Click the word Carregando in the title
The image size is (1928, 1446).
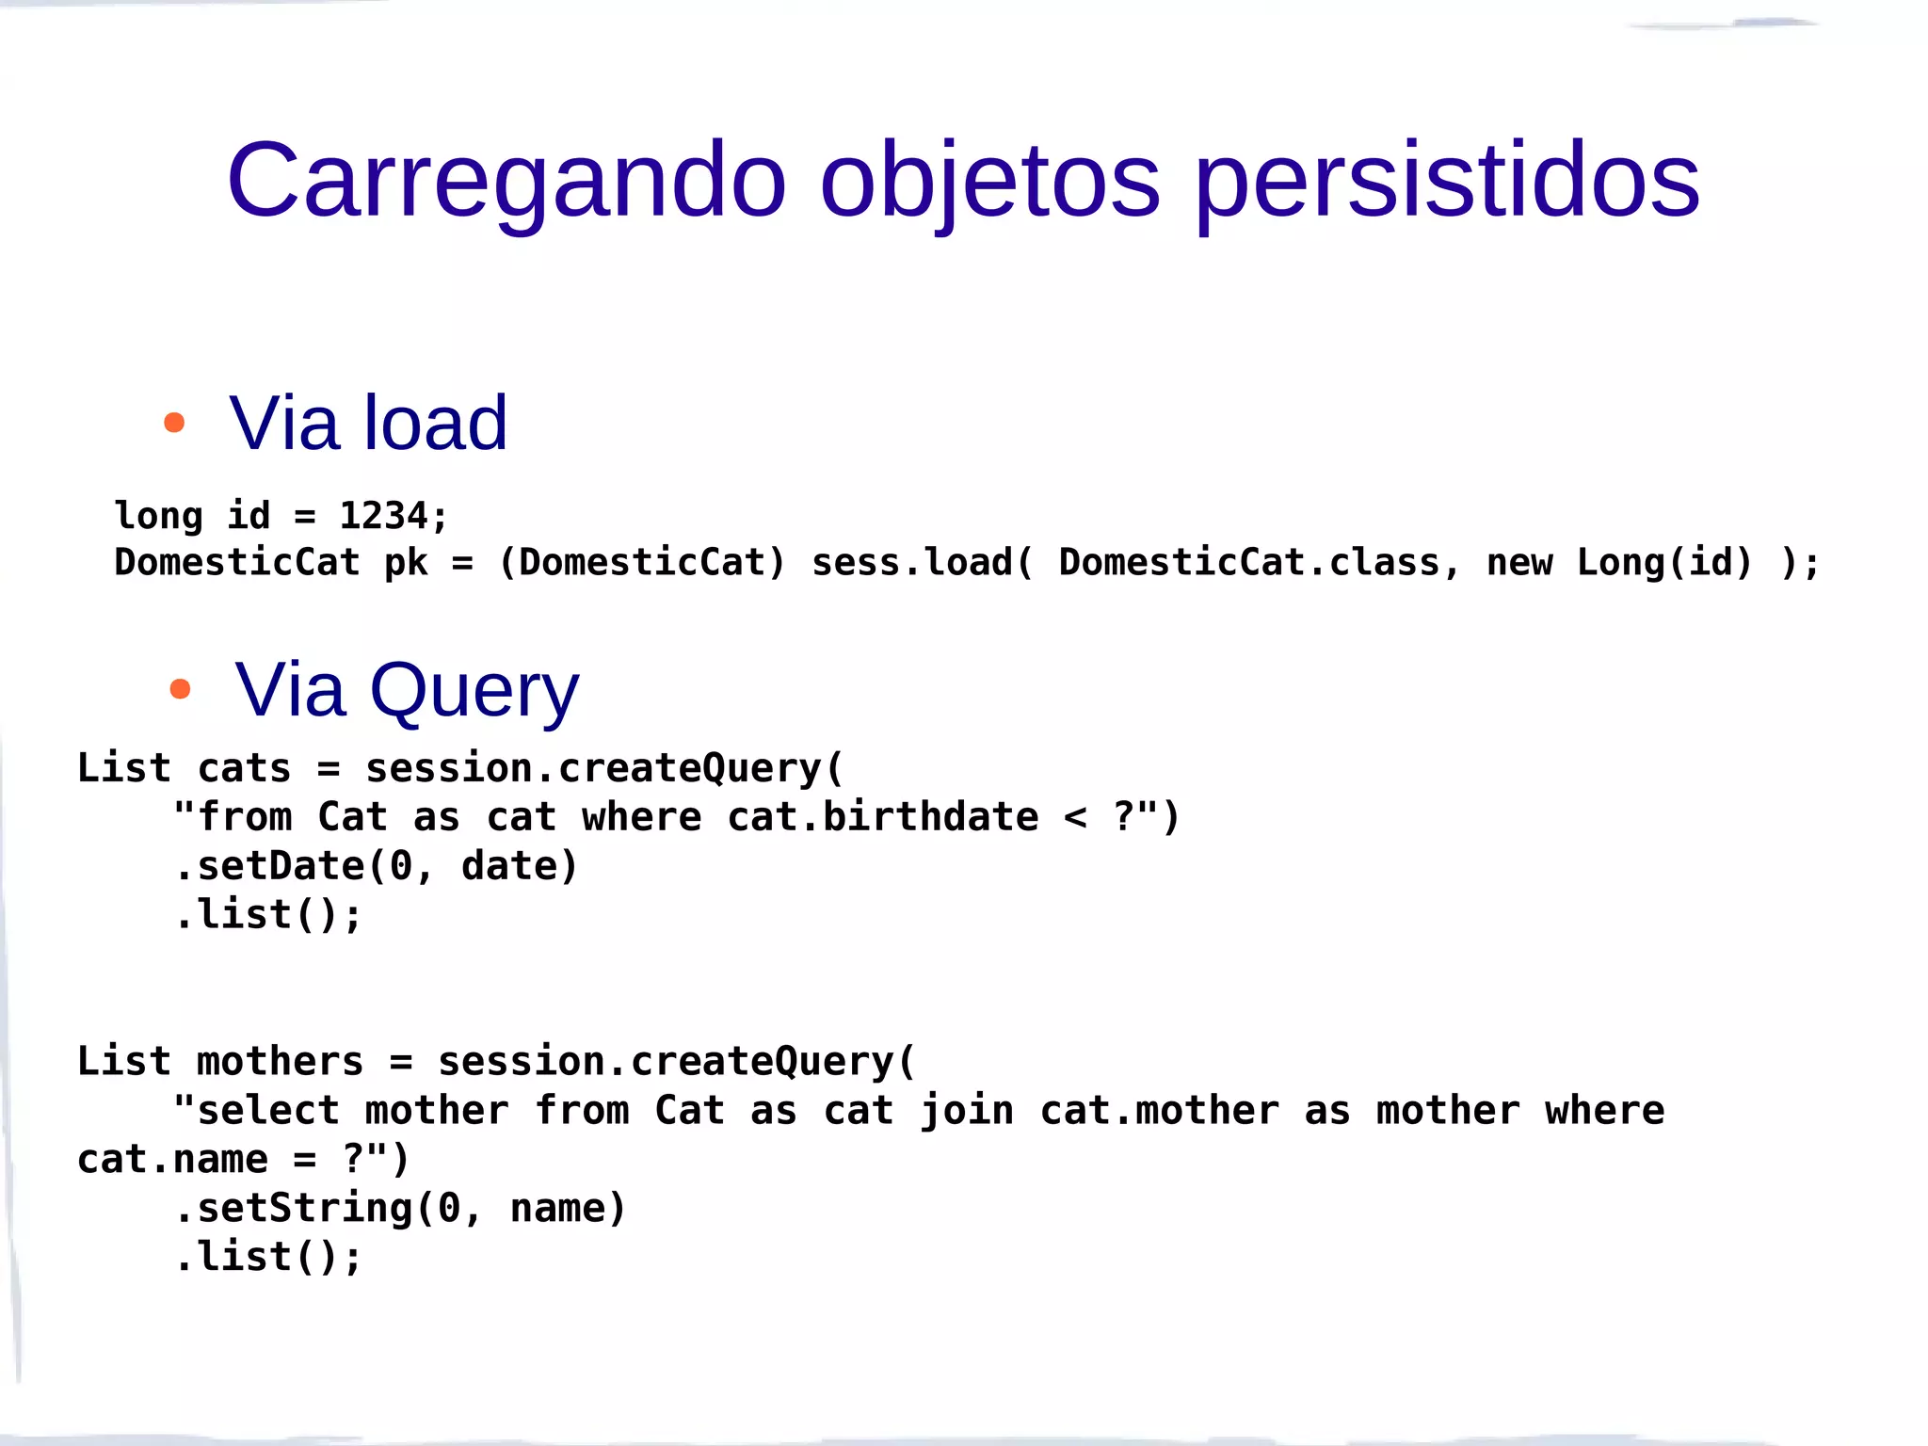click(506, 180)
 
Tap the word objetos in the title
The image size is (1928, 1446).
click(989, 180)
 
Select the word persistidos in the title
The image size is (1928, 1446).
click(1447, 180)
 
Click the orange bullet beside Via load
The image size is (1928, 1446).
click(174, 423)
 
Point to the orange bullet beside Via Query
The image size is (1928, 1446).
click(180, 689)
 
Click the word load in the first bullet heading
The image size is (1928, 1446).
click(436, 423)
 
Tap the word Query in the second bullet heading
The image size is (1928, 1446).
click(474, 691)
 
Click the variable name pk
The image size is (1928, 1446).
click(406, 563)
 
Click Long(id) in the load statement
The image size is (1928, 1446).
click(1664, 562)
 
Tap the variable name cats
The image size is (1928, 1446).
click(244, 768)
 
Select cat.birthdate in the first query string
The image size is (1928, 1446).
click(883, 817)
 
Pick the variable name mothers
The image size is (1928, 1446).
click(280, 1062)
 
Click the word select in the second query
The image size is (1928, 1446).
click(268, 1111)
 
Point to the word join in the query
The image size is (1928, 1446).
click(967, 1111)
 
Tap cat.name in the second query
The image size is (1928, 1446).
click(172, 1160)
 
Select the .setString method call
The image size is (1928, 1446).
click(294, 1209)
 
